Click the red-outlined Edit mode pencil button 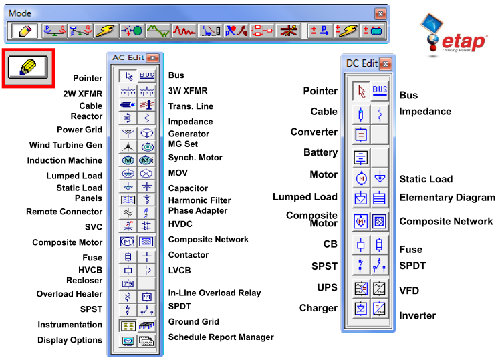28,67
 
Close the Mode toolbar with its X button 380,13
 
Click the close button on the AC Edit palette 152,58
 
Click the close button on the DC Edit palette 386,63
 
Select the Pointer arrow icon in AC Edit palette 128,76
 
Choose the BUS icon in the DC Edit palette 380,91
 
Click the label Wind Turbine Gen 66,145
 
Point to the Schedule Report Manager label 221,337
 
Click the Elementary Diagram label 447,198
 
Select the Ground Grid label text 193,322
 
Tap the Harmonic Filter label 199,200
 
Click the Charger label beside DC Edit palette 318,308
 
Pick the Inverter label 417,315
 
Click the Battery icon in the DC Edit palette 361,158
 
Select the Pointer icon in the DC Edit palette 362,92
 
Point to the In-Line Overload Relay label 214,293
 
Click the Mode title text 20,13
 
